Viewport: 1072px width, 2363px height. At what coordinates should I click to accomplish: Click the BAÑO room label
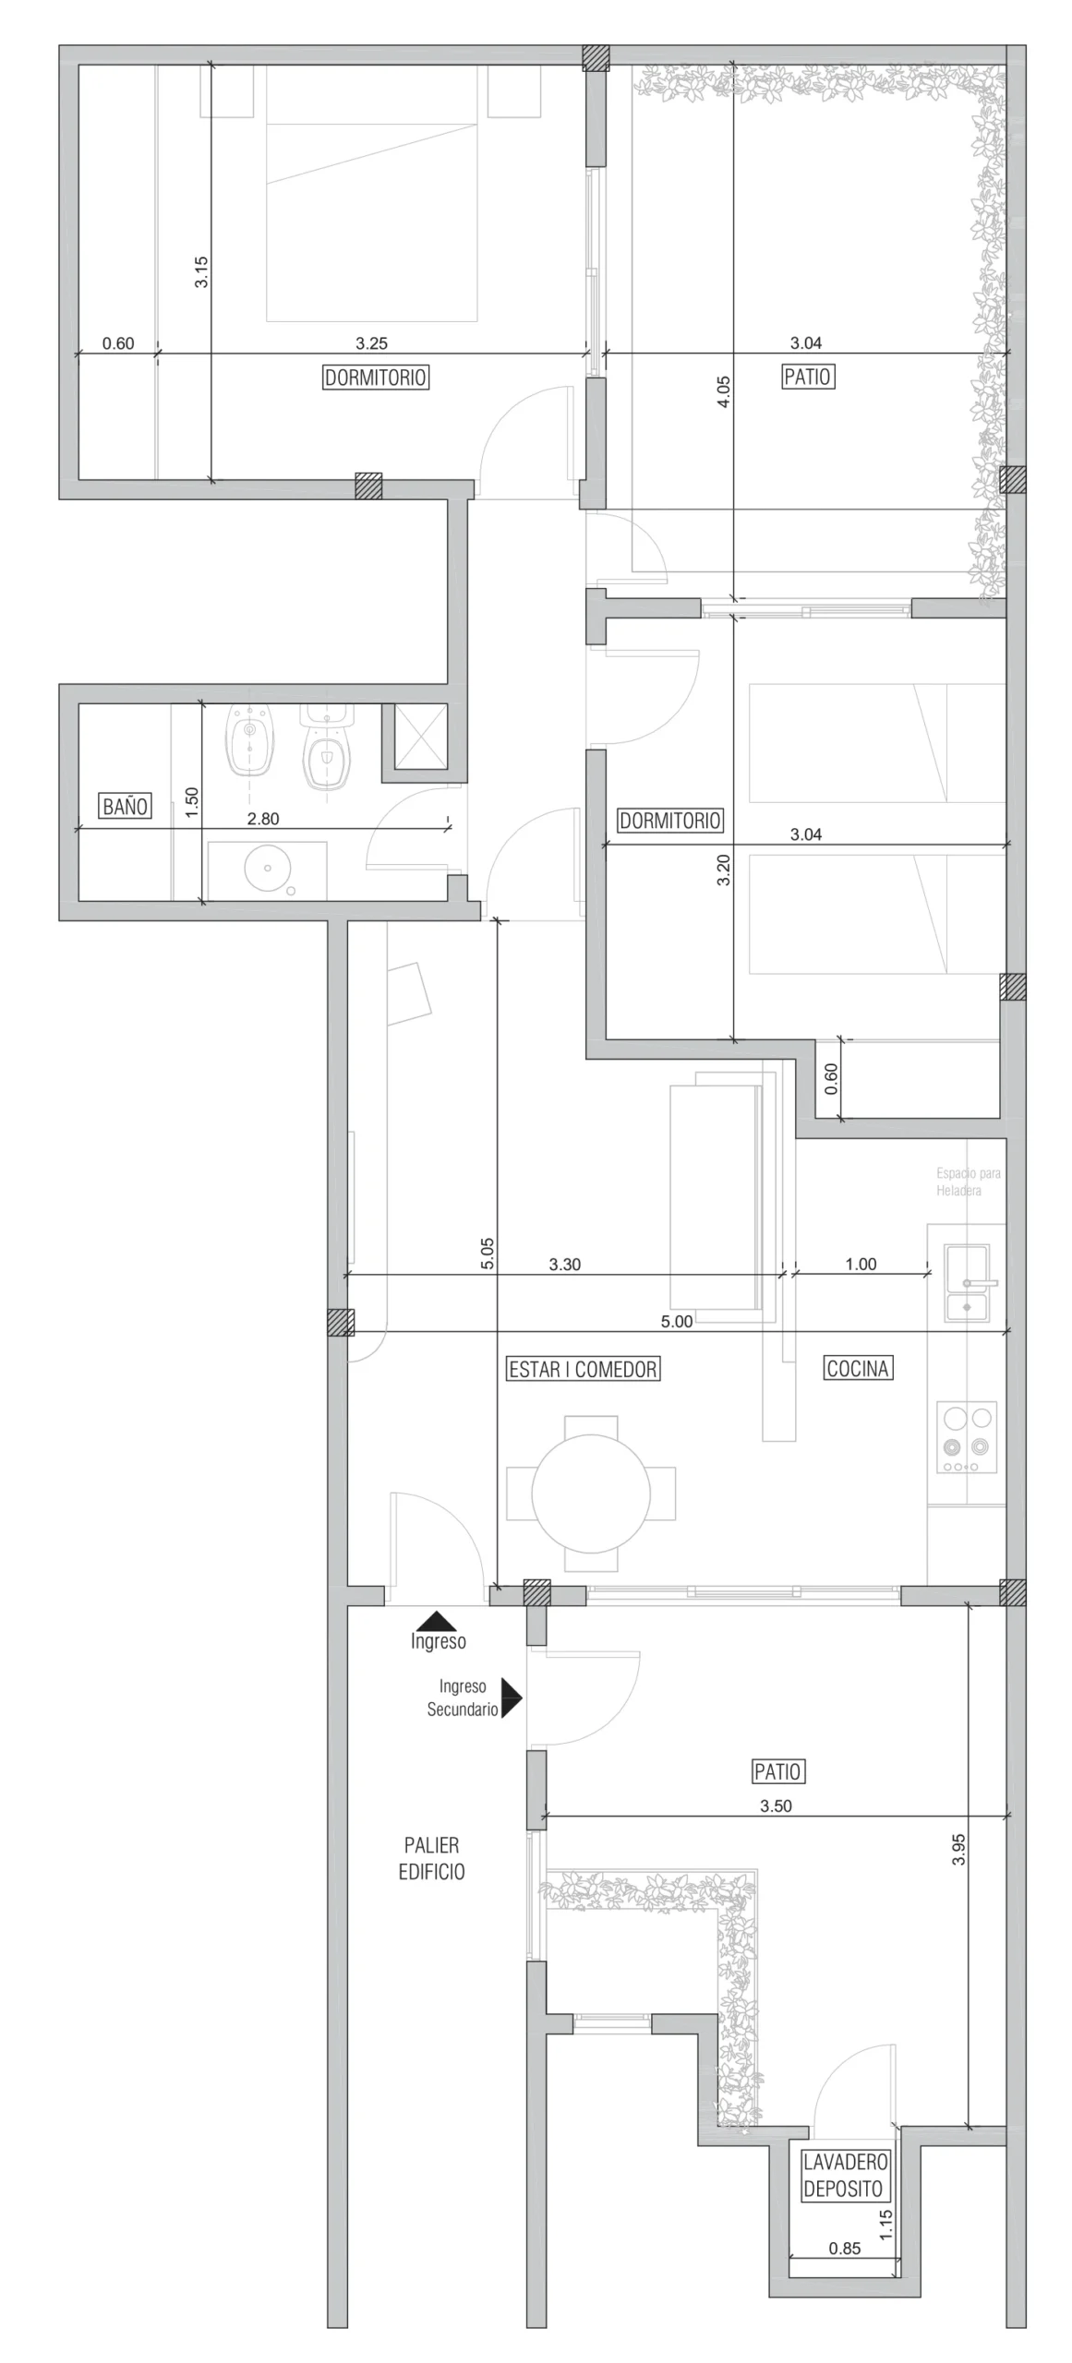pyautogui.click(x=125, y=806)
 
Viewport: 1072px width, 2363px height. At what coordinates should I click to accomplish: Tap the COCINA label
pyautogui.click(x=857, y=1368)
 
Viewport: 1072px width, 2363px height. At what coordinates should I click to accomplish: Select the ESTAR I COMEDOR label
pyautogui.click(x=583, y=1369)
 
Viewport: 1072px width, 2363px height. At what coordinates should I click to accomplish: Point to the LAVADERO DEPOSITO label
pyautogui.click(x=844, y=2175)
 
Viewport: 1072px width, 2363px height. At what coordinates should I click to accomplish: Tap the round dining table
pyautogui.click(x=591, y=1493)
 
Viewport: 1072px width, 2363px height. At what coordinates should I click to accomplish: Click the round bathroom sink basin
pyautogui.click(x=268, y=868)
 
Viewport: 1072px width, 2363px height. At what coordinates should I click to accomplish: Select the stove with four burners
pyautogui.click(x=967, y=1437)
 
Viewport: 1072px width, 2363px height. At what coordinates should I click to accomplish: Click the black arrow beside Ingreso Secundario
pyautogui.click(x=511, y=1697)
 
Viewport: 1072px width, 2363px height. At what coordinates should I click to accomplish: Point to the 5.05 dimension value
pyautogui.click(x=488, y=1254)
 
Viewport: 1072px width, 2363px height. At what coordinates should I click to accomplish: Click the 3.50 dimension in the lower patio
pyautogui.click(x=776, y=1805)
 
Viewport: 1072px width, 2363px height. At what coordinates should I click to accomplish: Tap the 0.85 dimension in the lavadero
pyautogui.click(x=844, y=2248)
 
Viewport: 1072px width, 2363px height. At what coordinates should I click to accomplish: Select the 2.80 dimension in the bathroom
pyautogui.click(x=263, y=818)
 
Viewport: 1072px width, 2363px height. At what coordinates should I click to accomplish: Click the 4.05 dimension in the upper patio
pyautogui.click(x=723, y=392)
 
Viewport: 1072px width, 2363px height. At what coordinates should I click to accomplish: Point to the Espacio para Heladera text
pyautogui.click(x=968, y=1181)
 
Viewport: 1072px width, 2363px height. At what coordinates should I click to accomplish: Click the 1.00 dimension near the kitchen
pyautogui.click(x=861, y=1264)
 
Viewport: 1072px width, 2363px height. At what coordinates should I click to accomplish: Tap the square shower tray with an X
pyautogui.click(x=420, y=736)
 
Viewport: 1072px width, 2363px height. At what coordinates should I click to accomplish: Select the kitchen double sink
pyautogui.click(x=967, y=1282)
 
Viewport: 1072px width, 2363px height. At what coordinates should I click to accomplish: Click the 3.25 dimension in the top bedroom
pyautogui.click(x=371, y=343)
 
